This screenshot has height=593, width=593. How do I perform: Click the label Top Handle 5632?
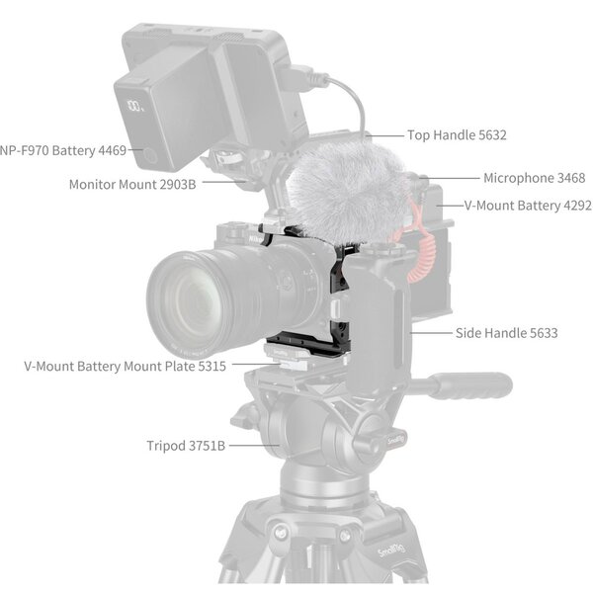(x=457, y=134)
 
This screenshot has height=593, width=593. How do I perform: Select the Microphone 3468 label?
(x=534, y=178)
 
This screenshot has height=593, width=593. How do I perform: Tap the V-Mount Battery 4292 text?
(x=528, y=206)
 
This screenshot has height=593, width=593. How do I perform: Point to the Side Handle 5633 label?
(x=506, y=333)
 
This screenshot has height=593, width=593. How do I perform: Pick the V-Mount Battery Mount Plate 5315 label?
(x=126, y=366)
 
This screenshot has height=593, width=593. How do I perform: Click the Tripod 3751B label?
(x=186, y=446)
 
